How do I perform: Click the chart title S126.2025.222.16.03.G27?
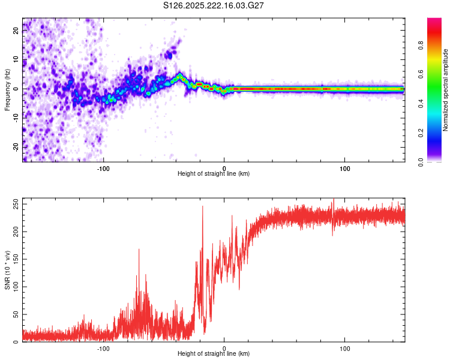point(214,5)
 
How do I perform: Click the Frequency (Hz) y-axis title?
point(7,90)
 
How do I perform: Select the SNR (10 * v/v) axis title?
point(7,270)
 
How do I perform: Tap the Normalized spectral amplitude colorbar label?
point(445,90)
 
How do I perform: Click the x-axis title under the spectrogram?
point(214,174)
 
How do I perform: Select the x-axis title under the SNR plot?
point(214,354)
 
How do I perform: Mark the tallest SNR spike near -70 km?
point(139,250)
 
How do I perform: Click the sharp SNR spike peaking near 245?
point(202,207)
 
